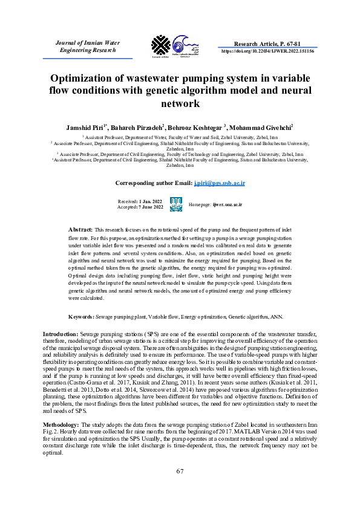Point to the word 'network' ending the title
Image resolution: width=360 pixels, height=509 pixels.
(180, 103)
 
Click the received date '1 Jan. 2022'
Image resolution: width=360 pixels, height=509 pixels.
(151, 200)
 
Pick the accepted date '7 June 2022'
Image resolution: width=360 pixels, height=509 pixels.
(151, 207)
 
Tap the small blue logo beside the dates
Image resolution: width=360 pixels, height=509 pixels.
(176, 204)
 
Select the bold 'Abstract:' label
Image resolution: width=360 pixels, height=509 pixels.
(80, 230)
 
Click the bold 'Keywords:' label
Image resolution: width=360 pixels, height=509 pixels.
(81, 316)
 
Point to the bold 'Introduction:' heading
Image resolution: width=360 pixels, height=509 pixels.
(59, 334)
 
